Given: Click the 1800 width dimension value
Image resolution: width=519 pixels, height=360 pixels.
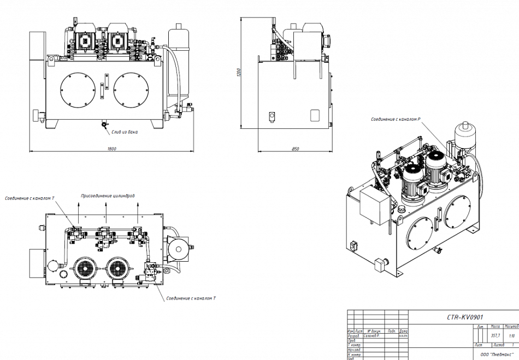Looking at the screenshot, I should click(x=112, y=148).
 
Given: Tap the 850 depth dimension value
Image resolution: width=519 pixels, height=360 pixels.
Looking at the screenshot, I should click(x=295, y=149).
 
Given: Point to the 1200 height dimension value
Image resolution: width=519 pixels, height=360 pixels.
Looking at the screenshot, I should click(x=238, y=73).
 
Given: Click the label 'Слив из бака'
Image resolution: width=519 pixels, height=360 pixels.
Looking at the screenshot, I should click(x=125, y=132).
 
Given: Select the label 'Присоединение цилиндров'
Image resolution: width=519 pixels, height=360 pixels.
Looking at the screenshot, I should click(x=108, y=196).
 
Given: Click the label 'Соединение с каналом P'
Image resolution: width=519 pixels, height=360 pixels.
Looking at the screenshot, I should click(x=395, y=119).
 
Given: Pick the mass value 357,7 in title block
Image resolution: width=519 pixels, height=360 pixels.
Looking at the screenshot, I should click(x=496, y=335).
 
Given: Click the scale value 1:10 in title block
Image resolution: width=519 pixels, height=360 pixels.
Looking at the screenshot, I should click(x=511, y=335).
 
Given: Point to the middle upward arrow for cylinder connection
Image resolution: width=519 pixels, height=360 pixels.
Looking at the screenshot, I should click(x=106, y=213).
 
